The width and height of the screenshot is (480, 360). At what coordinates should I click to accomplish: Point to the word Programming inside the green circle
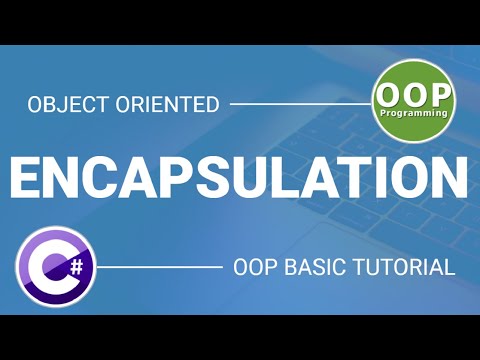[414, 117]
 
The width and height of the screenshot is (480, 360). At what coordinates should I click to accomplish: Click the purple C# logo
[56, 268]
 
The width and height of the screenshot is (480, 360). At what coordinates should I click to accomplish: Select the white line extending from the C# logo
[160, 268]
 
